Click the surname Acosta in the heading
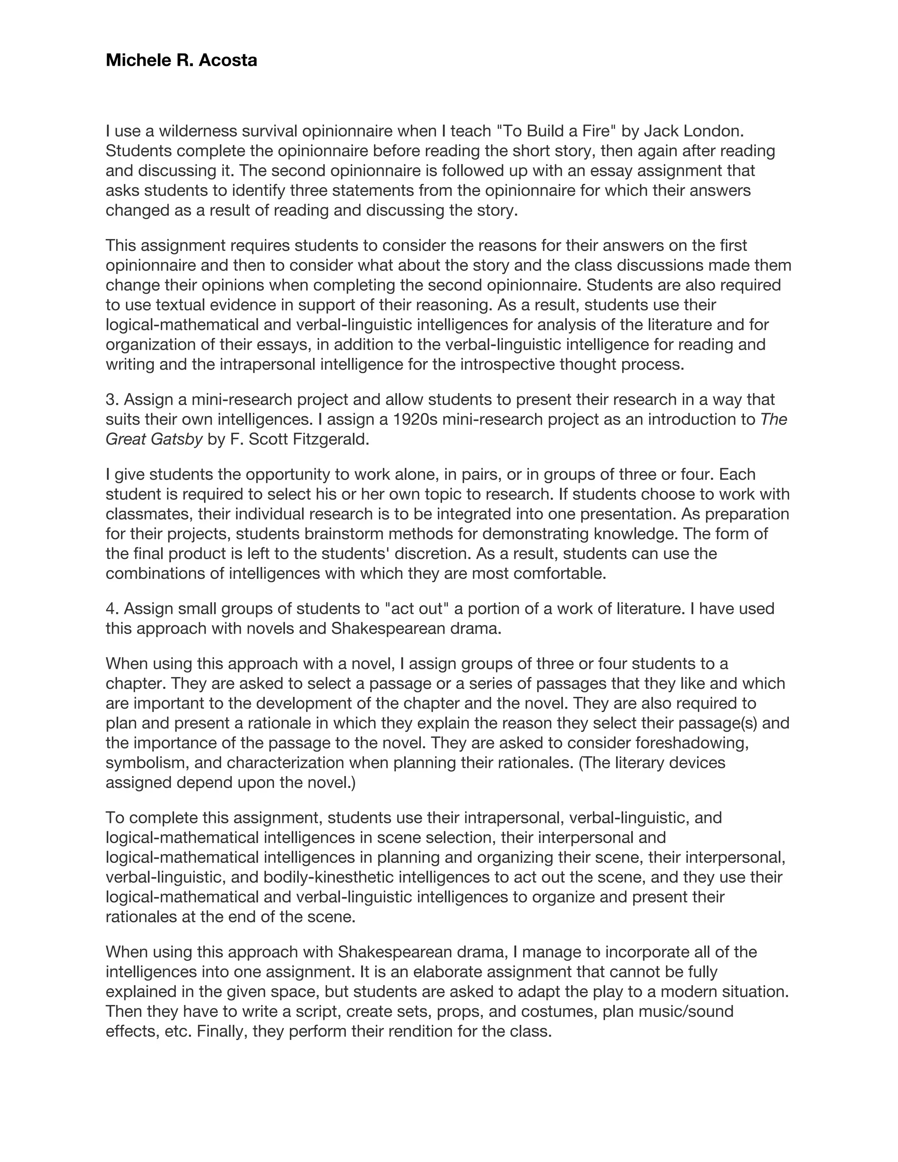click(228, 61)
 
